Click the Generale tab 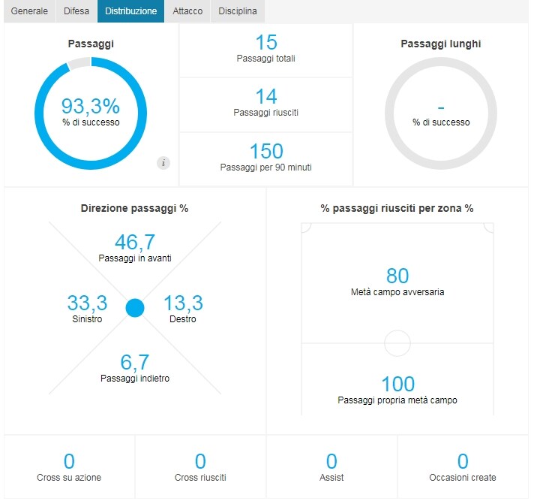(29, 11)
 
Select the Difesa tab (76, 11)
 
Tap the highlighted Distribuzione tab (131, 11)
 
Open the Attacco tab (187, 11)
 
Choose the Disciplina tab (238, 11)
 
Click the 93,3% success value (91, 106)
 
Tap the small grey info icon (163, 163)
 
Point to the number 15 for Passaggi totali (266, 42)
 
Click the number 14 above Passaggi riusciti (266, 96)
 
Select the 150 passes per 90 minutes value (266, 151)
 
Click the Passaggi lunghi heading (441, 44)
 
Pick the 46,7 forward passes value (135, 242)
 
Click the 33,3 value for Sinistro (87, 303)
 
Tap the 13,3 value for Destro (183, 303)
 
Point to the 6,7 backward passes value (135, 362)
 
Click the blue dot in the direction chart (135, 308)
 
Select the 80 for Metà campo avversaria (397, 276)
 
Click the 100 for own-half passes (397, 384)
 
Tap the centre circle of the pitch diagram (397, 330)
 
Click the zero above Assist (331, 461)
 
